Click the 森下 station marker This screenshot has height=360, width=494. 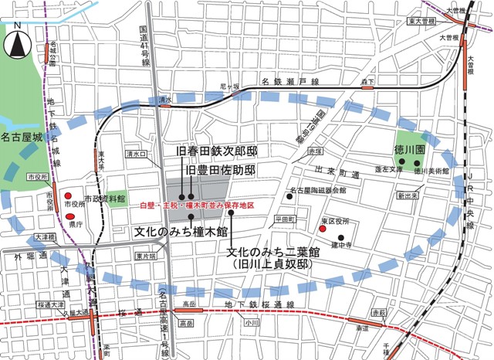click(x=367, y=87)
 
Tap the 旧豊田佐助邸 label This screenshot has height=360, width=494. click(x=220, y=169)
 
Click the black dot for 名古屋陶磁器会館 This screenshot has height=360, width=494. click(x=288, y=196)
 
